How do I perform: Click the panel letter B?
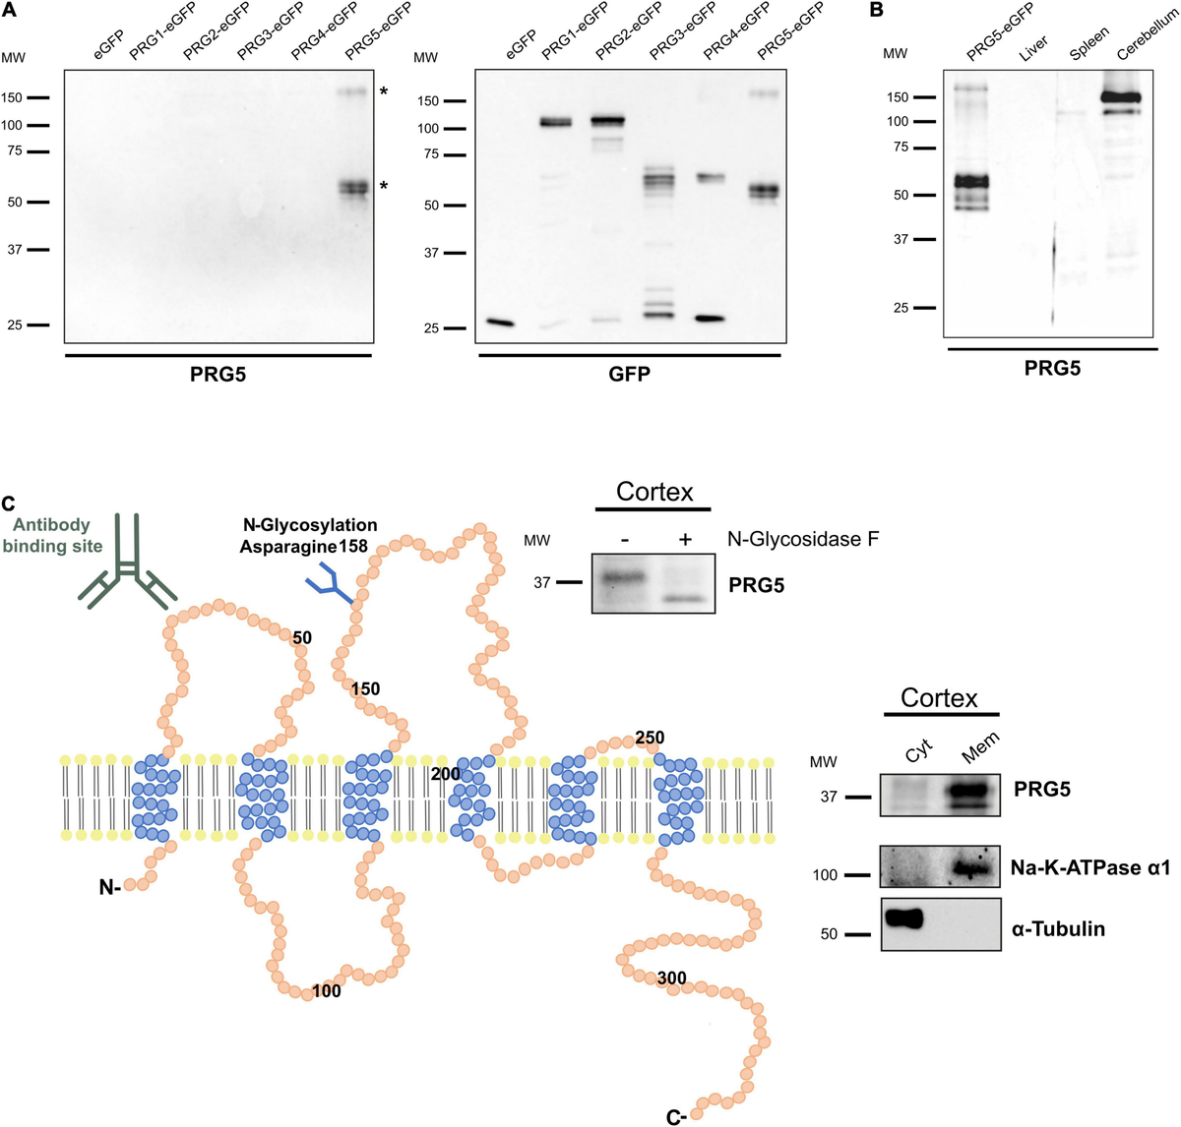(876, 10)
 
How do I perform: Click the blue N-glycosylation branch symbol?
(329, 583)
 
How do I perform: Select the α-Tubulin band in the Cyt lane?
(904, 918)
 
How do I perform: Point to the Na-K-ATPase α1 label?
(1090, 868)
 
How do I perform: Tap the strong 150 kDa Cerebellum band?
(1120, 97)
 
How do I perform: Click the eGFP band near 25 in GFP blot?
(500, 323)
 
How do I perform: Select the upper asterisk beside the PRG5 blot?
(384, 91)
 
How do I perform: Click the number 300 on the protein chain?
(672, 978)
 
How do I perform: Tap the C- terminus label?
(677, 1117)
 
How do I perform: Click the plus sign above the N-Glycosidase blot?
(685, 539)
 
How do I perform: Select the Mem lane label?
(980, 748)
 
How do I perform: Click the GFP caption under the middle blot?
(629, 374)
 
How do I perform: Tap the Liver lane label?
(1033, 48)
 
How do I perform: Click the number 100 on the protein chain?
(327, 991)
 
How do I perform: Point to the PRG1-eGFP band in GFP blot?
(556, 123)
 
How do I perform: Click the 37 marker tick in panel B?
(924, 240)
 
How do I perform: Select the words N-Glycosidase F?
(803, 539)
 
